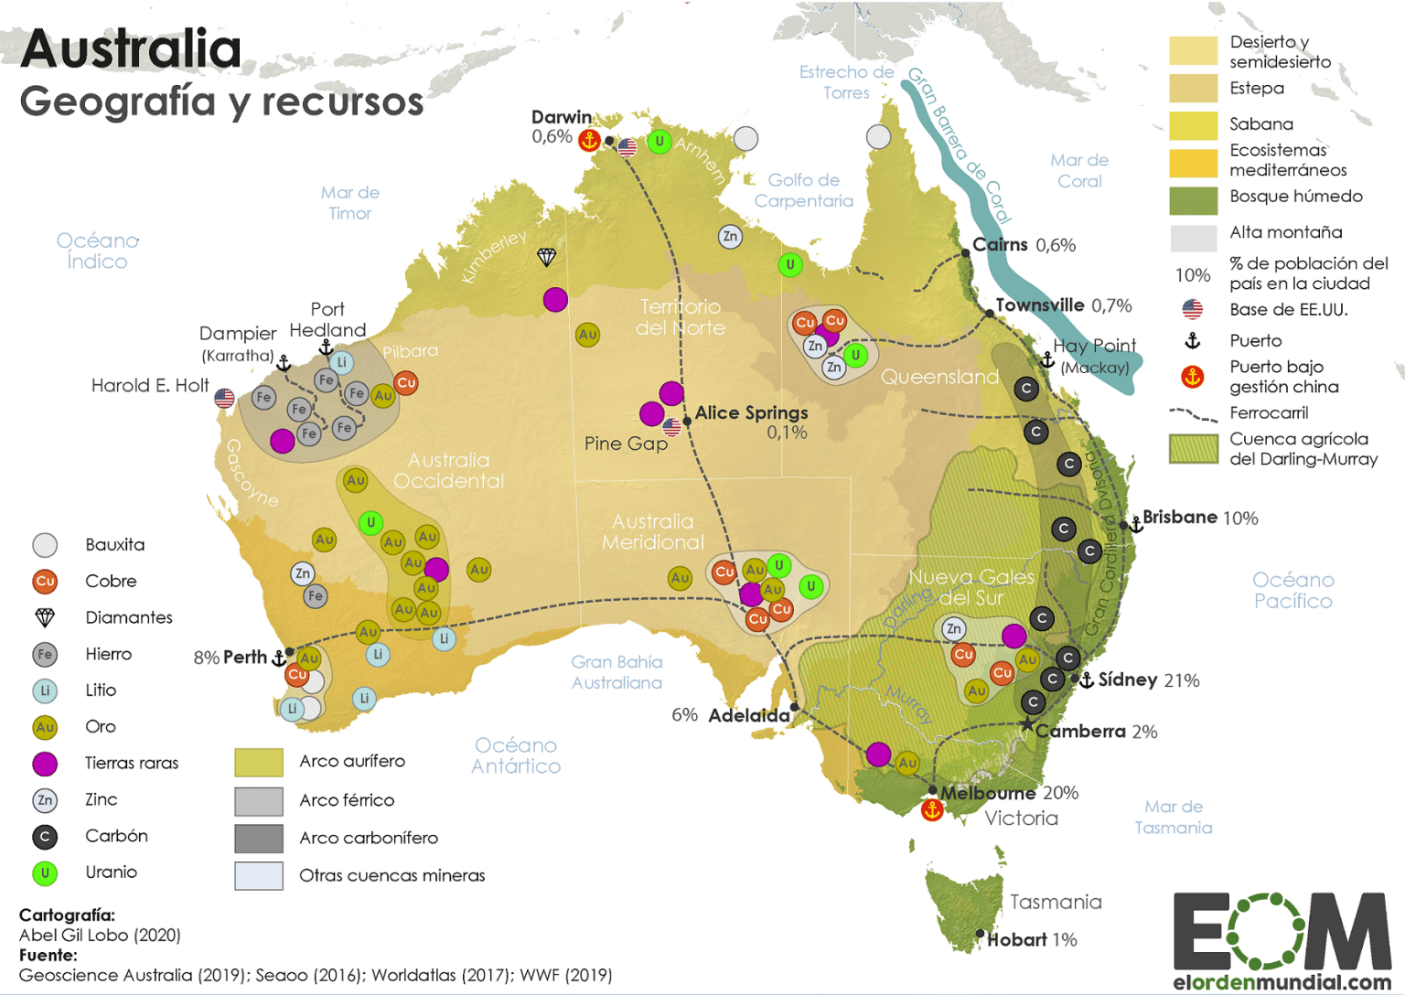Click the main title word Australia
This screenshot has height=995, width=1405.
coord(131,49)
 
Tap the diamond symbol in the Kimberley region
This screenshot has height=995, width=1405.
coord(546,257)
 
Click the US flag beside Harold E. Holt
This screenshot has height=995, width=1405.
coord(224,398)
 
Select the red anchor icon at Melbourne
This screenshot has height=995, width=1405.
coord(932,810)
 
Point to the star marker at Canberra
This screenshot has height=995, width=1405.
coord(1027,725)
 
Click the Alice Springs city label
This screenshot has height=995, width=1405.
coord(751,412)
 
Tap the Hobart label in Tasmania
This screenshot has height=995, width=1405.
coord(1016,939)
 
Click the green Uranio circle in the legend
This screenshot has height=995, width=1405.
coord(45,872)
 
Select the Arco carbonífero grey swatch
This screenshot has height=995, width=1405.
coord(259,838)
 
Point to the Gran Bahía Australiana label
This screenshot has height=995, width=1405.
coord(617,672)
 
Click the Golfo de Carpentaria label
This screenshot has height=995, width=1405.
coord(803,190)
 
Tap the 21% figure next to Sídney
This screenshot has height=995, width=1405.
coord(1181,680)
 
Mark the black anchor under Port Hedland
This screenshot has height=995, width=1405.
coord(326,348)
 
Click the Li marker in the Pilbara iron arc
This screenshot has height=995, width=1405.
coord(341,362)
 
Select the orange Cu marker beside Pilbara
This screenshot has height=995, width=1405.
coord(406,383)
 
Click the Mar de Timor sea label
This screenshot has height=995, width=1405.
coord(349,202)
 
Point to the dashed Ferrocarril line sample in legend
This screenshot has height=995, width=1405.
coord(1193,414)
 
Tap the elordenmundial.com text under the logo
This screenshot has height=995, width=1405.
coord(1282,982)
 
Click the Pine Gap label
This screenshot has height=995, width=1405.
coord(626,444)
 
